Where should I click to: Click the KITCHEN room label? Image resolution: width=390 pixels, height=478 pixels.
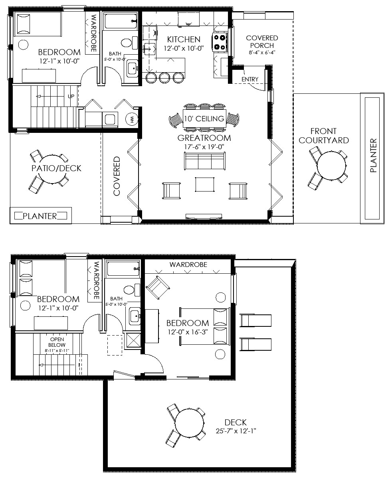(x=184, y=39)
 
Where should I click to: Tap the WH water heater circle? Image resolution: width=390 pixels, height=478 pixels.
(x=132, y=119)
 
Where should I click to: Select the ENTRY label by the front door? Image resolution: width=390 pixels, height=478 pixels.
(x=250, y=79)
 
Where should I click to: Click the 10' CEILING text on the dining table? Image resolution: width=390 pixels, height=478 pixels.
(x=204, y=119)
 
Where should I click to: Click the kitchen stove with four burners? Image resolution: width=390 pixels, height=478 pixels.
(x=220, y=42)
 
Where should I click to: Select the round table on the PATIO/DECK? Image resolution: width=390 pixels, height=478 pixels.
(x=50, y=169)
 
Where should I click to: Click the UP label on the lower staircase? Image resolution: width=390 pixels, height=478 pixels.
(x=71, y=97)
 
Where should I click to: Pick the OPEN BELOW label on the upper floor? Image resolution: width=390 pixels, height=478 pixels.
(x=57, y=342)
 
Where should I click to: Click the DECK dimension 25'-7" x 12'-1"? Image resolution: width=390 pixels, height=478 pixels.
(x=235, y=431)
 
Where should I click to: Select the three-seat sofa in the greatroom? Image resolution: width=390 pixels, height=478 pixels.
(x=204, y=162)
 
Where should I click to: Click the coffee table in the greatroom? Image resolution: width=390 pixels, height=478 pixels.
(x=204, y=185)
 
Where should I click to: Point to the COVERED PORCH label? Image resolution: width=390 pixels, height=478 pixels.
(x=262, y=41)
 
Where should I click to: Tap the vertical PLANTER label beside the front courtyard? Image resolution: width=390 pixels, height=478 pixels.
(x=373, y=156)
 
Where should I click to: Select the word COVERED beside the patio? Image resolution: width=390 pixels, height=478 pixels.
(x=117, y=176)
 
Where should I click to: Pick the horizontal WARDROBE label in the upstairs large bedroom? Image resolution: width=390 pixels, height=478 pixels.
(x=188, y=265)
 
